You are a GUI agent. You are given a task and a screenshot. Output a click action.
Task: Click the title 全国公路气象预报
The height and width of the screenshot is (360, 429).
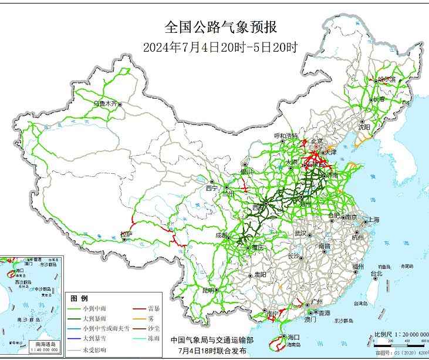click(220, 28)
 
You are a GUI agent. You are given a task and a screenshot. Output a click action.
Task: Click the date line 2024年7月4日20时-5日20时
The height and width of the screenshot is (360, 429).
click(220, 48)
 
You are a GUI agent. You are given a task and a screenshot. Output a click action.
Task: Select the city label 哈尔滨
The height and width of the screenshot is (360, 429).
click(387, 79)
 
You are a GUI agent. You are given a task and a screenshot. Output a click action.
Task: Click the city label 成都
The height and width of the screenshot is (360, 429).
click(222, 235)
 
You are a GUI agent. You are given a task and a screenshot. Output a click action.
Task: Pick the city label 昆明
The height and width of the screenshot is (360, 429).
click(208, 290)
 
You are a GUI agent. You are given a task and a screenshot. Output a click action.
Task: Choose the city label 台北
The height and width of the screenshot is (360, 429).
click(376, 273)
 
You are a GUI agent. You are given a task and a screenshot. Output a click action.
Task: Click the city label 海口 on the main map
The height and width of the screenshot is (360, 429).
click(293, 337)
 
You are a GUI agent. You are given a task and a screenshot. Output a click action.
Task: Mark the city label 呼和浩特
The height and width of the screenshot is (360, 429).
click(286, 136)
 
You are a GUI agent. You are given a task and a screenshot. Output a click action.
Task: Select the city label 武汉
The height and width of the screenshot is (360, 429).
click(300, 234)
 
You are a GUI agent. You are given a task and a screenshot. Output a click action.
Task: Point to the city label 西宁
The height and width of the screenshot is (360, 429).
click(211, 189)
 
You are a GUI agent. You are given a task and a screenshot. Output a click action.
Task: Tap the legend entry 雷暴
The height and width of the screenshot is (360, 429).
click(156, 308)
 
